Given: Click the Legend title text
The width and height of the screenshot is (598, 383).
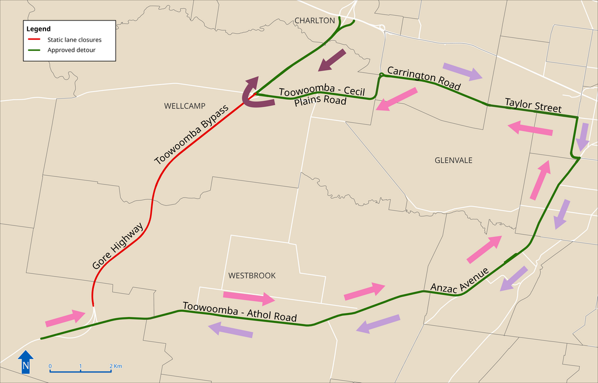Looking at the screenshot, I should pyautogui.click(x=39, y=29).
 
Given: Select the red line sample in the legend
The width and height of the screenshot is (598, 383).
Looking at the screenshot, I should pyautogui.click(x=36, y=40).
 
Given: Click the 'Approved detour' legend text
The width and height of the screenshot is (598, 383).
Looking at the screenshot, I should pyautogui.click(x=71, y=50).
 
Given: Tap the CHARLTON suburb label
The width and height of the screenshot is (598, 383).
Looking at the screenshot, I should pyautogui.click(x=315, y=20).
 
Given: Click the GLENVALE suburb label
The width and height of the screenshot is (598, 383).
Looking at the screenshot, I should pyautogui.click(x=454, y=160).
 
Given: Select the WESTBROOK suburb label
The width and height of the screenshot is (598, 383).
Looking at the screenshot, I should pyautogui.click(x=252, y=275).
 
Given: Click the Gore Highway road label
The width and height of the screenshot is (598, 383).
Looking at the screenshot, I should pyautogui.click(x=117, y=246).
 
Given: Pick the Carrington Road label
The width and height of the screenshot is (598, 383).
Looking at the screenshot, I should pyautogui.click(x=423, y=77).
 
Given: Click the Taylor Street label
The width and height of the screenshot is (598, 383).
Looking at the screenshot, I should pyautogui.click(x=533, y=105).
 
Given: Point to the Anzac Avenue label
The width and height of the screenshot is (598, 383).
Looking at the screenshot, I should pyautogui.click(x=459, y=280).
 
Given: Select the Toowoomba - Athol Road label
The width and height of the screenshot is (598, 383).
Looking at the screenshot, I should pyautogui.click(x=239, y=312).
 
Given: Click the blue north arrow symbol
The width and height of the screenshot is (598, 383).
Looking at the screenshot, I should pyautogui.click(x=26, y=362).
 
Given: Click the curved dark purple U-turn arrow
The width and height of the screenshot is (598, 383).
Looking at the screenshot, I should pyautogui.click(x=255, y=95).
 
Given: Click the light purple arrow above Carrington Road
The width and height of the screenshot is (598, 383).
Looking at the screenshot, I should pyautogui.click(x=463, y=71).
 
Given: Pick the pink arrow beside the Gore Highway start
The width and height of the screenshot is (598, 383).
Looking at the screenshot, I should pyautogui.click(x=65, y=318).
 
